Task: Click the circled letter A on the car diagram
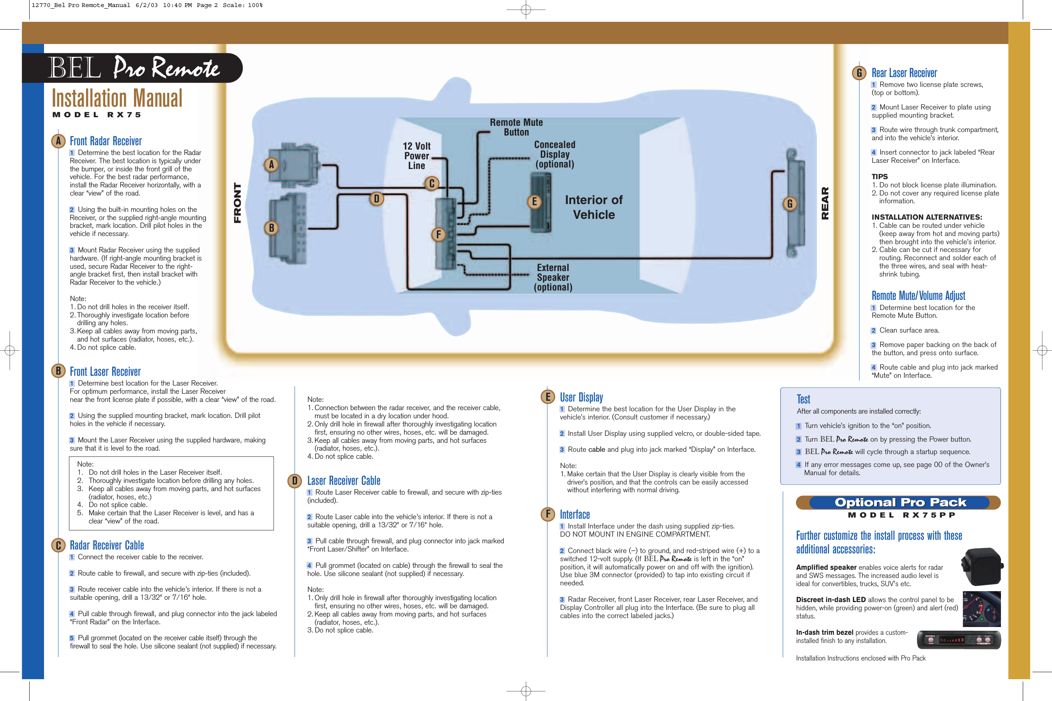click(x=271, y=164)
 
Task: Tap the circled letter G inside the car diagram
click(x=790, y=204)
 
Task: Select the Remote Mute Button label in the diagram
click(x=516, y=127)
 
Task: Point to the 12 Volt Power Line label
click(x=417, y=155)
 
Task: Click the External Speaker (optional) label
click(x=553, y=277)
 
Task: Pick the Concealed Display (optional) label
click(x=554, y=154)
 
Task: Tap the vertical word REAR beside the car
click(x=825, y=203)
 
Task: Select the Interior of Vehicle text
click(x=593, y=207)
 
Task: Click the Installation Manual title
click(x=117, y=99)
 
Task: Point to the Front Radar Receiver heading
click(x=106, y=141)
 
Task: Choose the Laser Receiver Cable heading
click(x=344, y=481)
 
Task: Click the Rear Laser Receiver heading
click(x=904, y=73)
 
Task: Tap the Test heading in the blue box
click(x=803, y=399)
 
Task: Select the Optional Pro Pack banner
click(x=900, y=502)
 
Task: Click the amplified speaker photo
click(x=982, y=567)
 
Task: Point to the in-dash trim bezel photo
click(x=958, y=640)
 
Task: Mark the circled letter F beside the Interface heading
click(x=547, y=514)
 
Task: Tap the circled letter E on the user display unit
click(x=534, y=202)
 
